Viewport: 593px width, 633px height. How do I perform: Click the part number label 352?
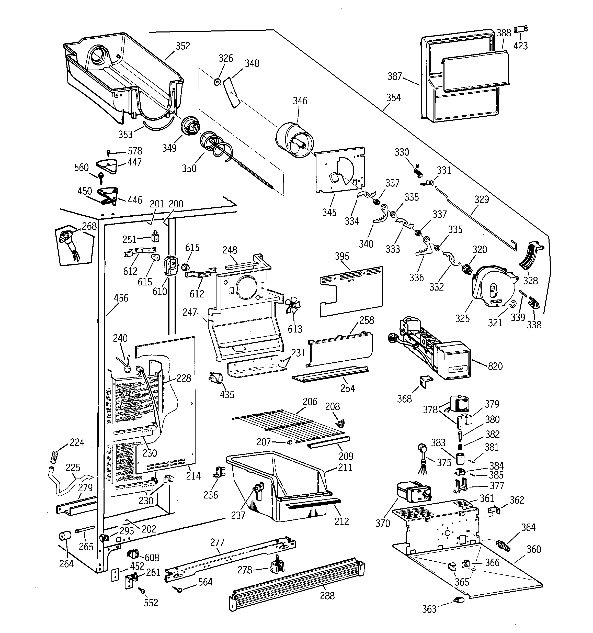183,46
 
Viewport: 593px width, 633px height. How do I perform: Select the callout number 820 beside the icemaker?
495,366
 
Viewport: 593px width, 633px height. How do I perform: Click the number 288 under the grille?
327,596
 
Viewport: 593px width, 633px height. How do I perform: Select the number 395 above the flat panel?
342,256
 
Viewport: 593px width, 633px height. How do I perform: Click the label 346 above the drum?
300,101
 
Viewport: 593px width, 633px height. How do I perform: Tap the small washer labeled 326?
217,82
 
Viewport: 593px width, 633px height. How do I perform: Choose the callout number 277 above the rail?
218,542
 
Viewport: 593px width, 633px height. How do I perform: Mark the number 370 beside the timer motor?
383,523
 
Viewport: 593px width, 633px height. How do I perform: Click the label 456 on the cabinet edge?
121,298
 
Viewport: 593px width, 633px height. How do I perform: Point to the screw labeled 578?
109,153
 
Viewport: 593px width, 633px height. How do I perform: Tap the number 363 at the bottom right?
429,609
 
